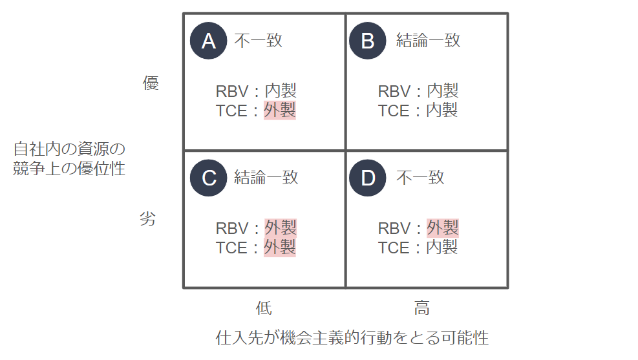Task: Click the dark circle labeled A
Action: pyautogui.click(x=208, y=41)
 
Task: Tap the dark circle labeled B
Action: pyautogui.click(x=367, y=41)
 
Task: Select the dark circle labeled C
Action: pyautogui.click(x=208, y=178)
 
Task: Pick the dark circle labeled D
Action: pyautogui.click(x=367, y=178)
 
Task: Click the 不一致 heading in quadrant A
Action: pyautogui.click(x=259, y=41)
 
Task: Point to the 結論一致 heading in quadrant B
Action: pyautogui.click(x=429, y=41)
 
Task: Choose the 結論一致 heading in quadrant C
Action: pyautogui.click(x=266, y=178)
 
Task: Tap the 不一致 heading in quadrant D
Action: pyautogui.click(x=420, y=178)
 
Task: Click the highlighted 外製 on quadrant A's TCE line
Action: pyautogui.click(x=280, y=111)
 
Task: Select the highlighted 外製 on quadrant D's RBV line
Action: pyautogui.click(x=443, y=228)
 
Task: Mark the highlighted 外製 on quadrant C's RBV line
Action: pyautogui.click(x=281, y=228)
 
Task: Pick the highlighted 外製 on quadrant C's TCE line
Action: pyautogui.click(x=280, y=248)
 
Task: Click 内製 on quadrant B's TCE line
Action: pyautogui.click(x=442, y=111)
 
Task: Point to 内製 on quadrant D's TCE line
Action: pyautogui.click(x=442, y=248)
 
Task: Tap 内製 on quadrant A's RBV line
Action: pyautogui.click(x=281, y=90)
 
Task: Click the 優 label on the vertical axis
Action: pyautogui.click(x=151, y=83)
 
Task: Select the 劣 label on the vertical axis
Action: pyautogui.click(x=147, y=219)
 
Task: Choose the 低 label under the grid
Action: pyautogui.click(x=264, y=308)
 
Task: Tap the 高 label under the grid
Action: pyautogui.click(x=422, y=308)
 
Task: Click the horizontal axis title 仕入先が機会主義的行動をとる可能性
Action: pyautogui.click(x=352, y=337)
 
